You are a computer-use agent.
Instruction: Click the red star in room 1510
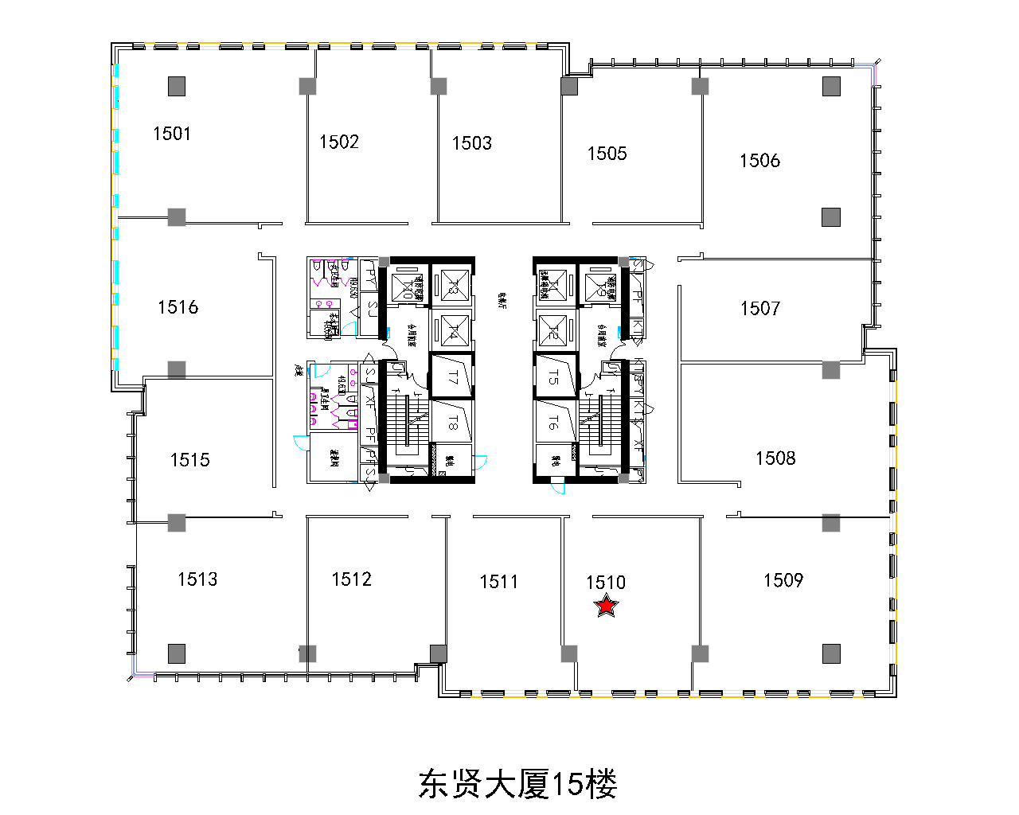coord(607,606)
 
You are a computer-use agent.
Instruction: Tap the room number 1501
coord(172,134)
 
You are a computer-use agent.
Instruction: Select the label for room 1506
coord(759,161)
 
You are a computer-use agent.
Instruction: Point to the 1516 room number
coord(178,307)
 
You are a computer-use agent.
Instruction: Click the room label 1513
coord(197,579)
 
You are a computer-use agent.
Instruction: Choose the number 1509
coord(783,580)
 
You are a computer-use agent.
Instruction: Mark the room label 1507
coord(760,308)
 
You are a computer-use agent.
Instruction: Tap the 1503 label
coord(472,143)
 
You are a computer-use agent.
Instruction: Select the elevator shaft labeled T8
coord(452,423)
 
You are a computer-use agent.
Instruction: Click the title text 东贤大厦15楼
coord(517,785)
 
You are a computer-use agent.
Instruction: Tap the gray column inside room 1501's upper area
coord(177,86)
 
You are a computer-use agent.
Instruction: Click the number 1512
coord(352,579)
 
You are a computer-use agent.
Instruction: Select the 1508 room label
coord(775,458)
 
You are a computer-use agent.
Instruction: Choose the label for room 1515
coord(190,460)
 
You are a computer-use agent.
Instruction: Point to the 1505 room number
coord(607,154)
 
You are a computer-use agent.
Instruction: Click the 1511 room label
coord(499,582)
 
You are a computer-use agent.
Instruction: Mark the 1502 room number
coord(339,142)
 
